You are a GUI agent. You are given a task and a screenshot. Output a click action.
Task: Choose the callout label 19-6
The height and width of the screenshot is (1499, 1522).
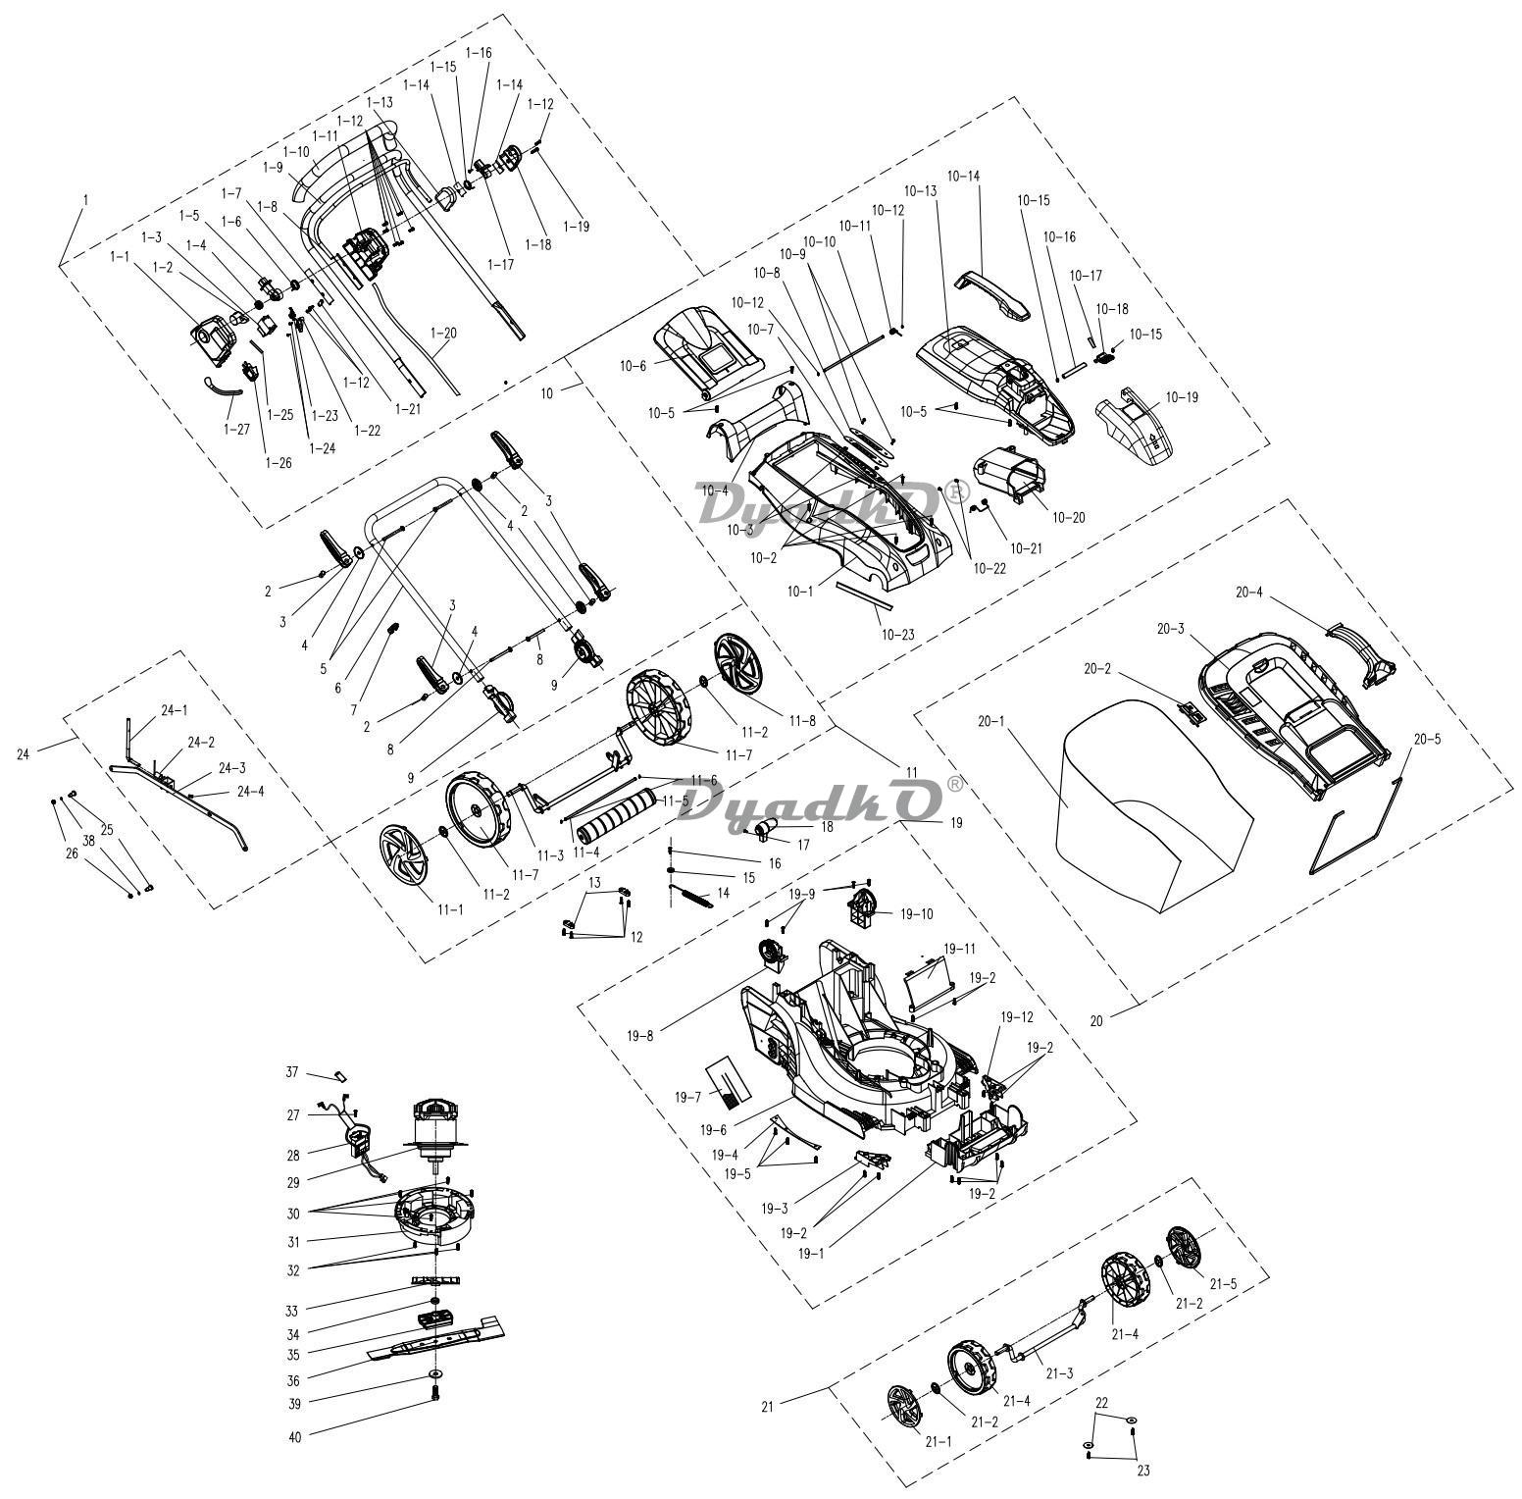(713, 1130)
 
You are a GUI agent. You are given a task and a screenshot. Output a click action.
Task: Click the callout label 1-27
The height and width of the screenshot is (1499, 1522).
(236, 429)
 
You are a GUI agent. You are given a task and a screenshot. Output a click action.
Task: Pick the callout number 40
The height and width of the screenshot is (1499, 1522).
(295, 1437)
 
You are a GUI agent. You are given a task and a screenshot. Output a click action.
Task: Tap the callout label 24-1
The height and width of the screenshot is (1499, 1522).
(175, 709)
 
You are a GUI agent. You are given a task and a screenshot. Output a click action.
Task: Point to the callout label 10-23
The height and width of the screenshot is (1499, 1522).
(897, 634)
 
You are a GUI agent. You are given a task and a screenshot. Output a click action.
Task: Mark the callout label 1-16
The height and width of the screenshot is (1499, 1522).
(479, 52)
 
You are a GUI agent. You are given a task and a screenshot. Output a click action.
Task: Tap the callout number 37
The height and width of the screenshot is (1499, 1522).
(292, 1072)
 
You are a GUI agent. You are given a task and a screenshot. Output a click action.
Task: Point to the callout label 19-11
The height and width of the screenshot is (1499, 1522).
(959, 949)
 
